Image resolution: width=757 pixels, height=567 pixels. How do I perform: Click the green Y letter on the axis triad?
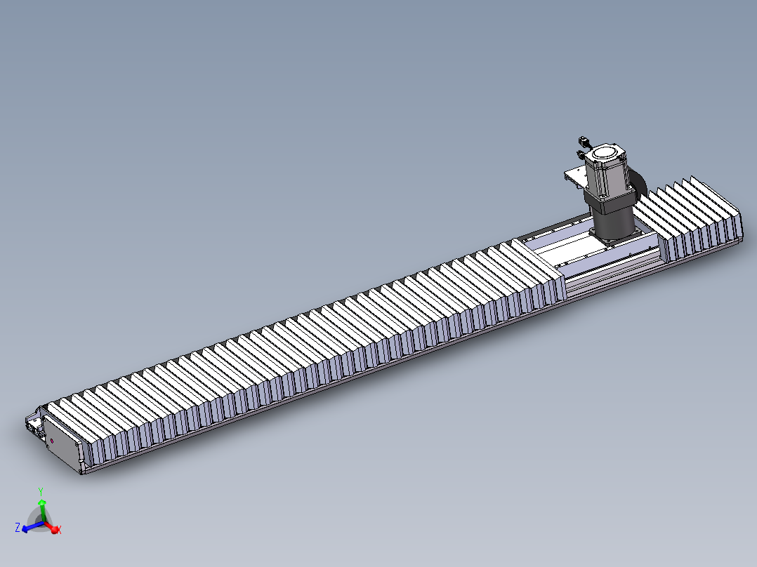pyautogui.click(x=41, y=492)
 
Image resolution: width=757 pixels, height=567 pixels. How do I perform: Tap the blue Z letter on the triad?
pyautogui.click(x=17, y=526)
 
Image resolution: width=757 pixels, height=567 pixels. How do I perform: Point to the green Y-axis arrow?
pyautogui.click(x=41, y=507)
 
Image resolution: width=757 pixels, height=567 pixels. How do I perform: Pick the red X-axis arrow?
pyautogui.click(x=52, y=527)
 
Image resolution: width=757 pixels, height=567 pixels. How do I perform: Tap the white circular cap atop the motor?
pyautogui.click(x=605, y=152)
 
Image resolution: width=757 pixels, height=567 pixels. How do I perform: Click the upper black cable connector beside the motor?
pyautogui.click(x=582, y=141)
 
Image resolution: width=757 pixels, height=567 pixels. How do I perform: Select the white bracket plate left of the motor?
pyautogui.click(x=577, y=176)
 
